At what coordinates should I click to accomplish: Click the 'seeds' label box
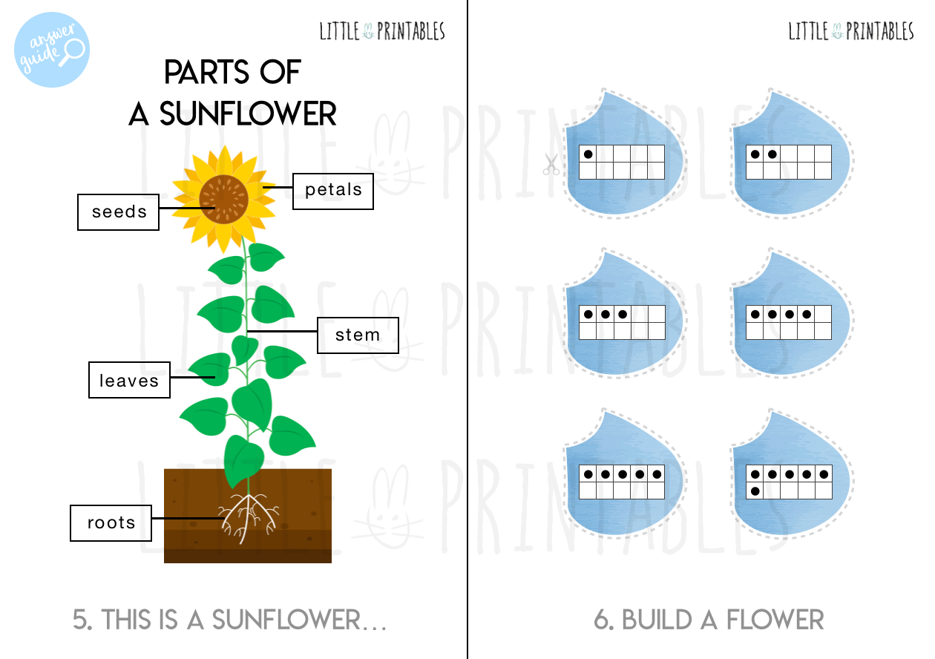[118, 212]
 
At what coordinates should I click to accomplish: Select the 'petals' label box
[333, 190]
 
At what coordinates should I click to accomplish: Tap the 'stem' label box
[358, 335]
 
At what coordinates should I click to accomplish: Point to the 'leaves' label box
[129, 380]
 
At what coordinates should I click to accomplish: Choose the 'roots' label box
[111, 522]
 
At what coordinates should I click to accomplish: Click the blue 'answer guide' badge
[51, 50]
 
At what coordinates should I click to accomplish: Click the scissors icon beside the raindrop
[550, 164]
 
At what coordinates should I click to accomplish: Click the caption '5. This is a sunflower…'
[230, 620]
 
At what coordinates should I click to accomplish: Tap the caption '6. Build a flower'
[709, 620]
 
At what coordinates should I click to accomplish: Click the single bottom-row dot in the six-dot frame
[755, 491]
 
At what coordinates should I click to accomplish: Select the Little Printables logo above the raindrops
[850, 31]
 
